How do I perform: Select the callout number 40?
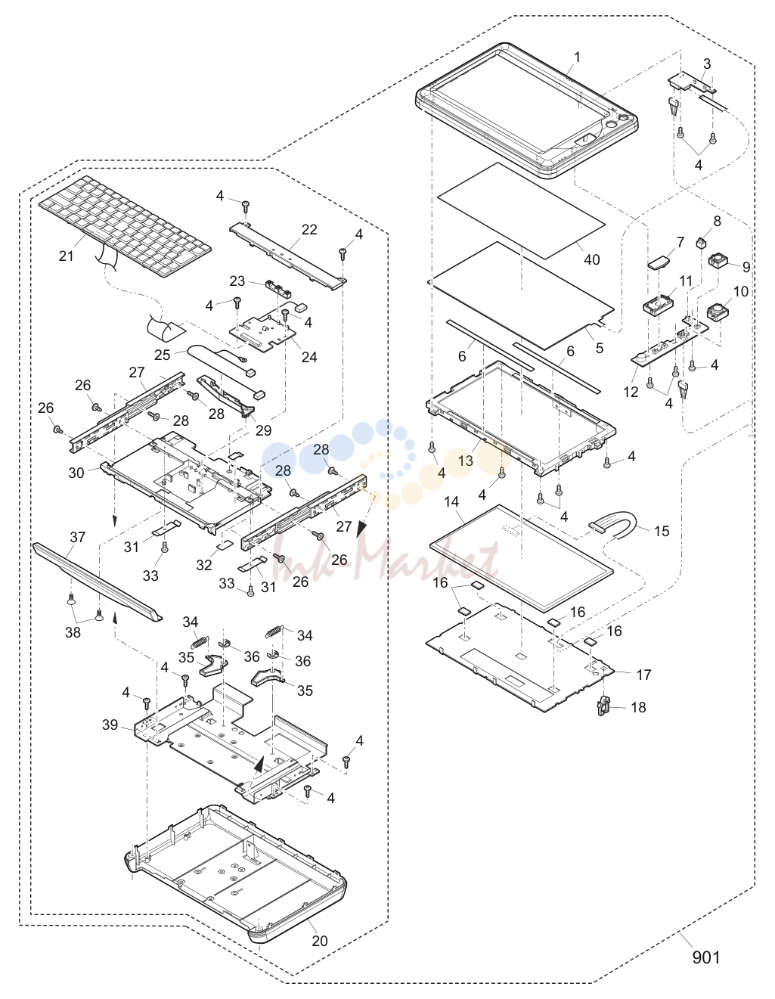(591, 259)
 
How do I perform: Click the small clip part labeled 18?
(604, 706)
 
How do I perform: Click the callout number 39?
(110, 725)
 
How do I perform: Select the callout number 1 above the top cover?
(577, 57)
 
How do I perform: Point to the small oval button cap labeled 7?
(657, 262)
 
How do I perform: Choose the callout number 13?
(465, 461)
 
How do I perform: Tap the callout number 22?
(309, 229)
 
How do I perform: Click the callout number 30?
(76, 473)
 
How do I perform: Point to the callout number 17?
(643, 675)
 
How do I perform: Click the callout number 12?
(631, 392)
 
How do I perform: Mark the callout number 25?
(162, 355)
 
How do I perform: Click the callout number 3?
(706, 64)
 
